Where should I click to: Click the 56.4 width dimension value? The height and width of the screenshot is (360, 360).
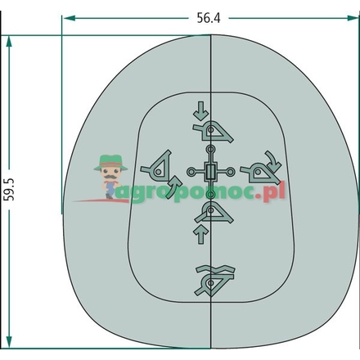tap(209, 18)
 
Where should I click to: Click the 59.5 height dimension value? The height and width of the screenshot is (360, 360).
tap(9, 190)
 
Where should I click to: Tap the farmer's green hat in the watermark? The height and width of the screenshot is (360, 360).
tap(110, 162)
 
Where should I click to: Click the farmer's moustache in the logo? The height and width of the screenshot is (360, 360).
tap(110, 177)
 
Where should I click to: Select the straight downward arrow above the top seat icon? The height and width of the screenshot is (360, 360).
tap(201, 110)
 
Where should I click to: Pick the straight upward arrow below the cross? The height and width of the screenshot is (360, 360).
tap(201, 234)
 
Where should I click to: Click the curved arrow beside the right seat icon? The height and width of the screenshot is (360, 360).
tap(273, 161)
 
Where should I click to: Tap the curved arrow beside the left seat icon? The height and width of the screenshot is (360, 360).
tap(173, 187)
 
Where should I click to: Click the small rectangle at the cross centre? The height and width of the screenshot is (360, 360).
tap(210, 172)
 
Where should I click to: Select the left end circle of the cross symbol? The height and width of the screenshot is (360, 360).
tap(191, 172)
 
